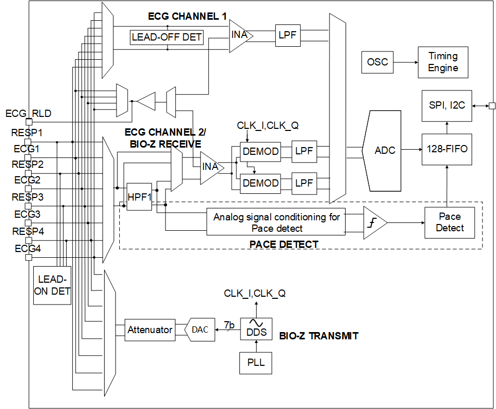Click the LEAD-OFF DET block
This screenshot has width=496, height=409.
click(x=167, y=37)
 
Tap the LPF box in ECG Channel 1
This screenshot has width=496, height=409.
click(x=287, y=36)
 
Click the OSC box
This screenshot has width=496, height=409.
click(x=377, y=62)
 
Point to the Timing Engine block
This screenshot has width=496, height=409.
click(x=443, y=62)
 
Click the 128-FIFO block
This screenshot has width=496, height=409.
click(x=447, y=149)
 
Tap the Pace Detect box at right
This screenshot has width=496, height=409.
click(x=450, y=222)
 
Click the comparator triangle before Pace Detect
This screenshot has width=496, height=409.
click(x=373, y=222)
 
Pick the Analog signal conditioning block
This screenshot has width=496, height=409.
click(x=276, y=222)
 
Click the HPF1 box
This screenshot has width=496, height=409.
click(x=139, y=197)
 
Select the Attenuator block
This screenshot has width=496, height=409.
click(x=150, y=330)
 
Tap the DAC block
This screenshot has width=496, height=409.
click(x=200, y=330)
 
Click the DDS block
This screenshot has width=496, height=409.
click(x=256, y=329)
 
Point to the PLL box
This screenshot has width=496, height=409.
click(x=256, y=363)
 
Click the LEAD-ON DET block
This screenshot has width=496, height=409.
click(x=52, y=285)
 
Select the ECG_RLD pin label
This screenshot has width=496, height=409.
click(x=28, y=113)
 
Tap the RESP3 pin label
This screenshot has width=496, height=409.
click(x=28, y=197)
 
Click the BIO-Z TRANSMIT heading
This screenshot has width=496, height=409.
click(x=319, y=336)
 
